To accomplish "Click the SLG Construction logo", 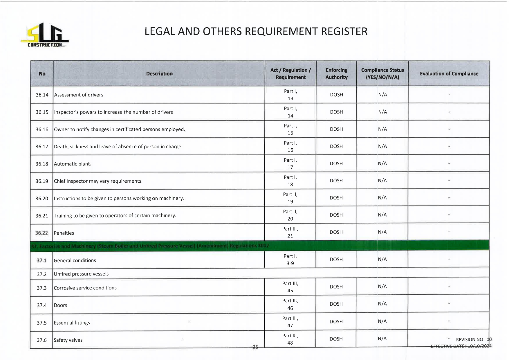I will [45, 35].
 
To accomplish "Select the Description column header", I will [159, 74].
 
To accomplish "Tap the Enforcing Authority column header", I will [336, 74].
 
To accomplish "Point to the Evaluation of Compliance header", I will [449, 74].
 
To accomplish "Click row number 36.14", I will [42, 95].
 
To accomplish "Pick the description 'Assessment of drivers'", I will [79, 95].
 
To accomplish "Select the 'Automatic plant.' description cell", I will [73, 164].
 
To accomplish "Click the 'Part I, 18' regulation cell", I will [290, 181].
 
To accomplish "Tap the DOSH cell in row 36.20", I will [336, 198].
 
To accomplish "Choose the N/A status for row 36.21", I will [382, 215].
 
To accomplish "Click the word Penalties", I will [64, 233].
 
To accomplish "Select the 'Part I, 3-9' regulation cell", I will [290, 260].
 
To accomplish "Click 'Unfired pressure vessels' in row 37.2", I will [81, 274].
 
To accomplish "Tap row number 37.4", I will [42, 305].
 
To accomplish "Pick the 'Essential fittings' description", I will [72, 323].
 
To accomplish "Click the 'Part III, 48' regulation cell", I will [290, 339].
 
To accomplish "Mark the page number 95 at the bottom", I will [255, 347].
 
